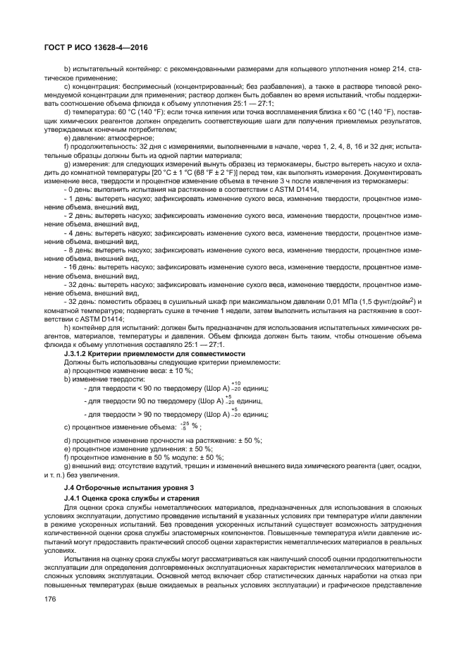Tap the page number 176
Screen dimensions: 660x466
point(49,599)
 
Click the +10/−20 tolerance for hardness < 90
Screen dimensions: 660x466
point(235,387)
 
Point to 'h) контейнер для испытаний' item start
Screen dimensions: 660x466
point(106,329)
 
